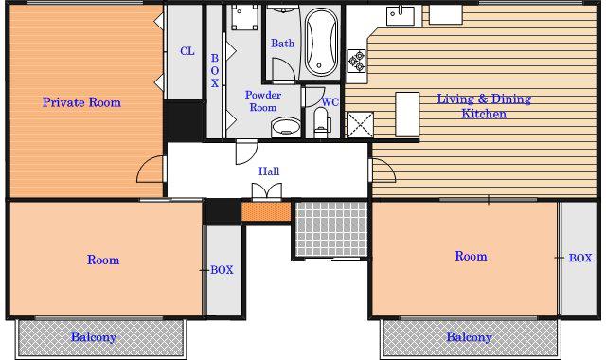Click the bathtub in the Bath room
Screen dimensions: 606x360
click(x=321, y=42)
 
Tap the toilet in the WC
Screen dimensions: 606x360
click(x=321, y=122)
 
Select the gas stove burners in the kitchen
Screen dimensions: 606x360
click(x=356, y=61)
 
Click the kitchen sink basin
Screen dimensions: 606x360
click(x=400, y=15)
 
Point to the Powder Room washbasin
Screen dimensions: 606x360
click(x=286, y=127)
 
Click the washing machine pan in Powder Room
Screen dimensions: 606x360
click(x=244, y=17)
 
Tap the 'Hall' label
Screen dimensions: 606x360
click(x=269, y=171)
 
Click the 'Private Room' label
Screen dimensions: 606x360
click(x=81, y=102)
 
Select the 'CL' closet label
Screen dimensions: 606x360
click(x=187, y=51)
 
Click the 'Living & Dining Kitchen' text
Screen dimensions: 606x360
click(x=484, y=106)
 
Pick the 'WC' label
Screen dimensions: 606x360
click(x=330, y=102)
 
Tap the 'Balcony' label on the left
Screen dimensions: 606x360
click(x=94, y=337)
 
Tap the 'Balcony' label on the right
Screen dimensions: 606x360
click(x=470, y=337)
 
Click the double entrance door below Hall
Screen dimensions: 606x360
click(x=267, y=191)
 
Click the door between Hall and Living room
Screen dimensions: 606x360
click(x=383, y=171)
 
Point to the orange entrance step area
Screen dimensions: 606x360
click(x=266, y=211)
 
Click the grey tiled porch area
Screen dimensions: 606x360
click(x=331, y=228)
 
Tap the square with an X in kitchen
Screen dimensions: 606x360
click(x=360, y=124)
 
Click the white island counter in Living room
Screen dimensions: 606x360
click(x=407, y=114)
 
